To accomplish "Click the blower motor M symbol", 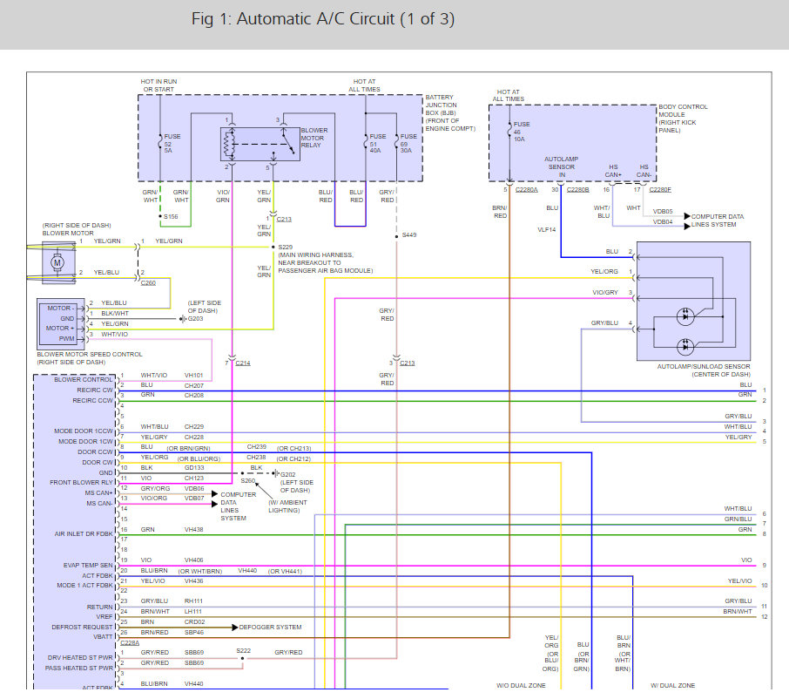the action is click(x=57, y=262).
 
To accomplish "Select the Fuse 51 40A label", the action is click(x=377, y=144).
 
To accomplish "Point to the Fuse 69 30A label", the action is click(x=408, y=144).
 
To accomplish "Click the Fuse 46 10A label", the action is click(x=522, y=132).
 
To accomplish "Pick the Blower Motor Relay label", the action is click(x=314, y=138).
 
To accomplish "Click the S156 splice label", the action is click(x=171, y=216).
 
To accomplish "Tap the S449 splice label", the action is click(x=409, y=235).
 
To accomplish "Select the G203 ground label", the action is click(x=195, y=319).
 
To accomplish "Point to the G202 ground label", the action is click(x=288, y=474).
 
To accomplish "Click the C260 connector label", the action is click(x=148, y=283).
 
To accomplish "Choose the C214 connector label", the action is click(x=243, y=363).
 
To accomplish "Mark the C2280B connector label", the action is click(x=577, y=190).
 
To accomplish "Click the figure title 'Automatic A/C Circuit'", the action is click(x=315, y=19).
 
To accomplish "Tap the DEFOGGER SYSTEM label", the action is click(x=270, y=627).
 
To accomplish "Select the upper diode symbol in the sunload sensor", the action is click(x=684, y=316).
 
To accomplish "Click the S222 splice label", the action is click(x=244, y=651).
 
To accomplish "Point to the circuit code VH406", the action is click(x=193, y=560).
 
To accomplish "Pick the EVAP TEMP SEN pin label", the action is click(x=88, y=565).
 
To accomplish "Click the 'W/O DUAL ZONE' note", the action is click(x=521, y=685).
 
